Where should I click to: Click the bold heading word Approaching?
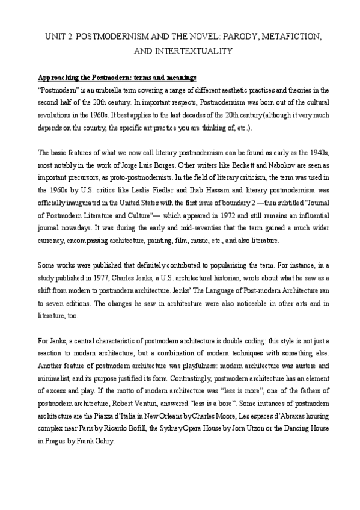click(59, 78)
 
